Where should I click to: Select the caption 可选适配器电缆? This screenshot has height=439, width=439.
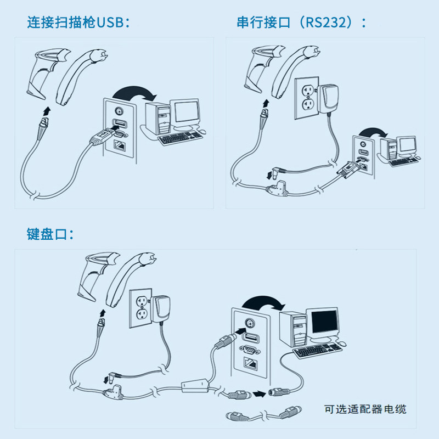[x=365, y=409]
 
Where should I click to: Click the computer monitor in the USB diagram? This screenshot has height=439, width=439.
[x=184, y=112]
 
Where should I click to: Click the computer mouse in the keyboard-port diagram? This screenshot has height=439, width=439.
[x=342, y=343]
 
